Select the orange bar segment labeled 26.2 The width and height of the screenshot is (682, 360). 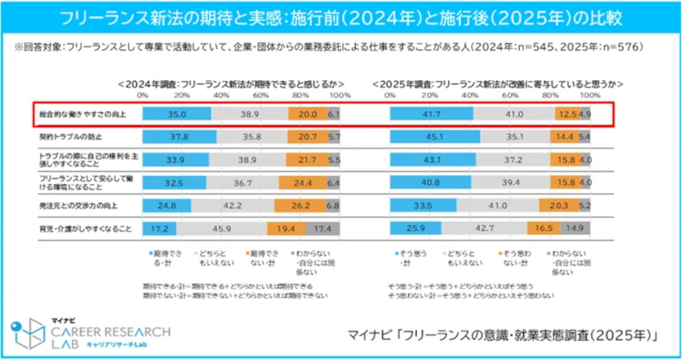300,206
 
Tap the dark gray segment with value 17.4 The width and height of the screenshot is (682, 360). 323,229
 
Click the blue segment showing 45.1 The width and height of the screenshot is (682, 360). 435,137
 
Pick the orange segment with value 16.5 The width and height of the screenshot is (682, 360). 543,229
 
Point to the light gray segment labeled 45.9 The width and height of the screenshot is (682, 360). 222,229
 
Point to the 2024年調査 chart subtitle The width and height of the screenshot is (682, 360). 231,84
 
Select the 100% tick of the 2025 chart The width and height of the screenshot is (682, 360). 590,94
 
